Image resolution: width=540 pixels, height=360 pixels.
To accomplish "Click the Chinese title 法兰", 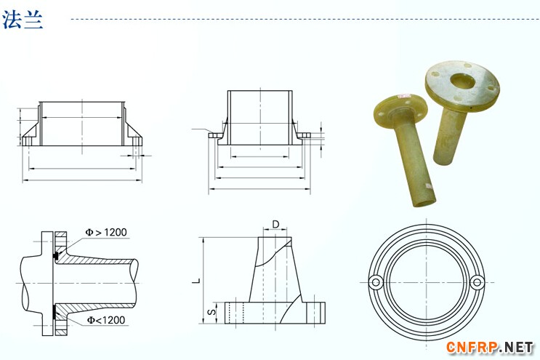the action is (23, 20).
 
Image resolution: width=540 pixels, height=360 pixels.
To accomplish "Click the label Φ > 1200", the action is (106, 233).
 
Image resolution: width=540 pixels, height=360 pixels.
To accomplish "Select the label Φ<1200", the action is (105, 320).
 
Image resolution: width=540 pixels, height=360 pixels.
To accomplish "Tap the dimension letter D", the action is (276, 224).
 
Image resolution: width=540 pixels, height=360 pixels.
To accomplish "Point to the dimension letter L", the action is (196, 281).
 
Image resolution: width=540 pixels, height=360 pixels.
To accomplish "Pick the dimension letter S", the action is (212, 312).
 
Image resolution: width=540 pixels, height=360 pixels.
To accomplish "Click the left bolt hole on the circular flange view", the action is (376, 282).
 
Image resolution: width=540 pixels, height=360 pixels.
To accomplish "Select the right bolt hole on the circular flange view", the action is (477, 282).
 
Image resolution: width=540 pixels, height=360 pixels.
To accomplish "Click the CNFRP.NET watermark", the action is (490, 347).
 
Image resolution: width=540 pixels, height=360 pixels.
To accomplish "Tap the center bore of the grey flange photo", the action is (462, 81).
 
